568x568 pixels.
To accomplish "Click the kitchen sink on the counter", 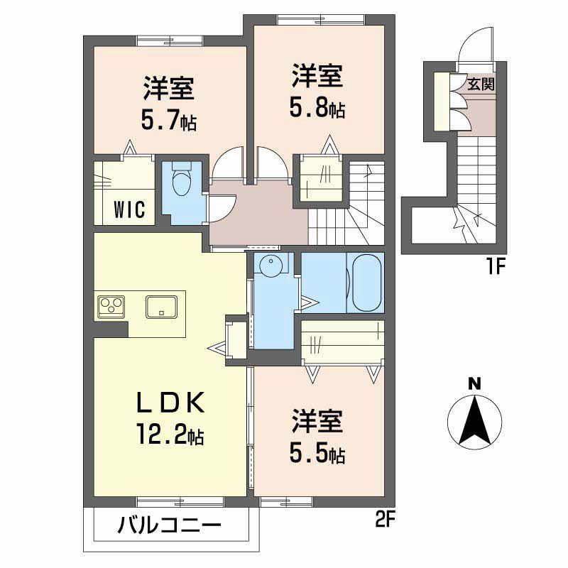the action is [162, 307].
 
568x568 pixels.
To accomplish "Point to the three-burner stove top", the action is [111, 307].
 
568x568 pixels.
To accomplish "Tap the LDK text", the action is [170, 403].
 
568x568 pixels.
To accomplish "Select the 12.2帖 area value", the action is [170, 434].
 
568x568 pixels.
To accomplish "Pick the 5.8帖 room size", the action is [317, 108].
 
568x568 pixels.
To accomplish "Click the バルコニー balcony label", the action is [169, 525].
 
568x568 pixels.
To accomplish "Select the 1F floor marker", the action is [496, 268].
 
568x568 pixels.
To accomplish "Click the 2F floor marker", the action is [384, 521].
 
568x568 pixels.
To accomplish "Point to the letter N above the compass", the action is [474, 383].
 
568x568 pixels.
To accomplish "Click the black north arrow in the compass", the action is [474, 420].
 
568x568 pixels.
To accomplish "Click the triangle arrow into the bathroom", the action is [310, 302].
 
